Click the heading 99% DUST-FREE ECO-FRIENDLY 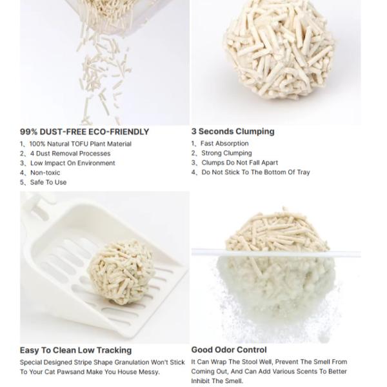(84, 132)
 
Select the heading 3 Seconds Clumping (233, 131)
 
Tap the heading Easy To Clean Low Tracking (75, 350)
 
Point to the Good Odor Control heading (229, 350)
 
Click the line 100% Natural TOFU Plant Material (80, 144)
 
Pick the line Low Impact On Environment (72, 163)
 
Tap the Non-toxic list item (45, 173)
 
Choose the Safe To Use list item (48, 183)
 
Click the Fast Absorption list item (224, 144)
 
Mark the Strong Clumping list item (226, 154)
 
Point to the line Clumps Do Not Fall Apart (239, 163)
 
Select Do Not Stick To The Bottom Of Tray (255, 172)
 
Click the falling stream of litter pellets (96, 77)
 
